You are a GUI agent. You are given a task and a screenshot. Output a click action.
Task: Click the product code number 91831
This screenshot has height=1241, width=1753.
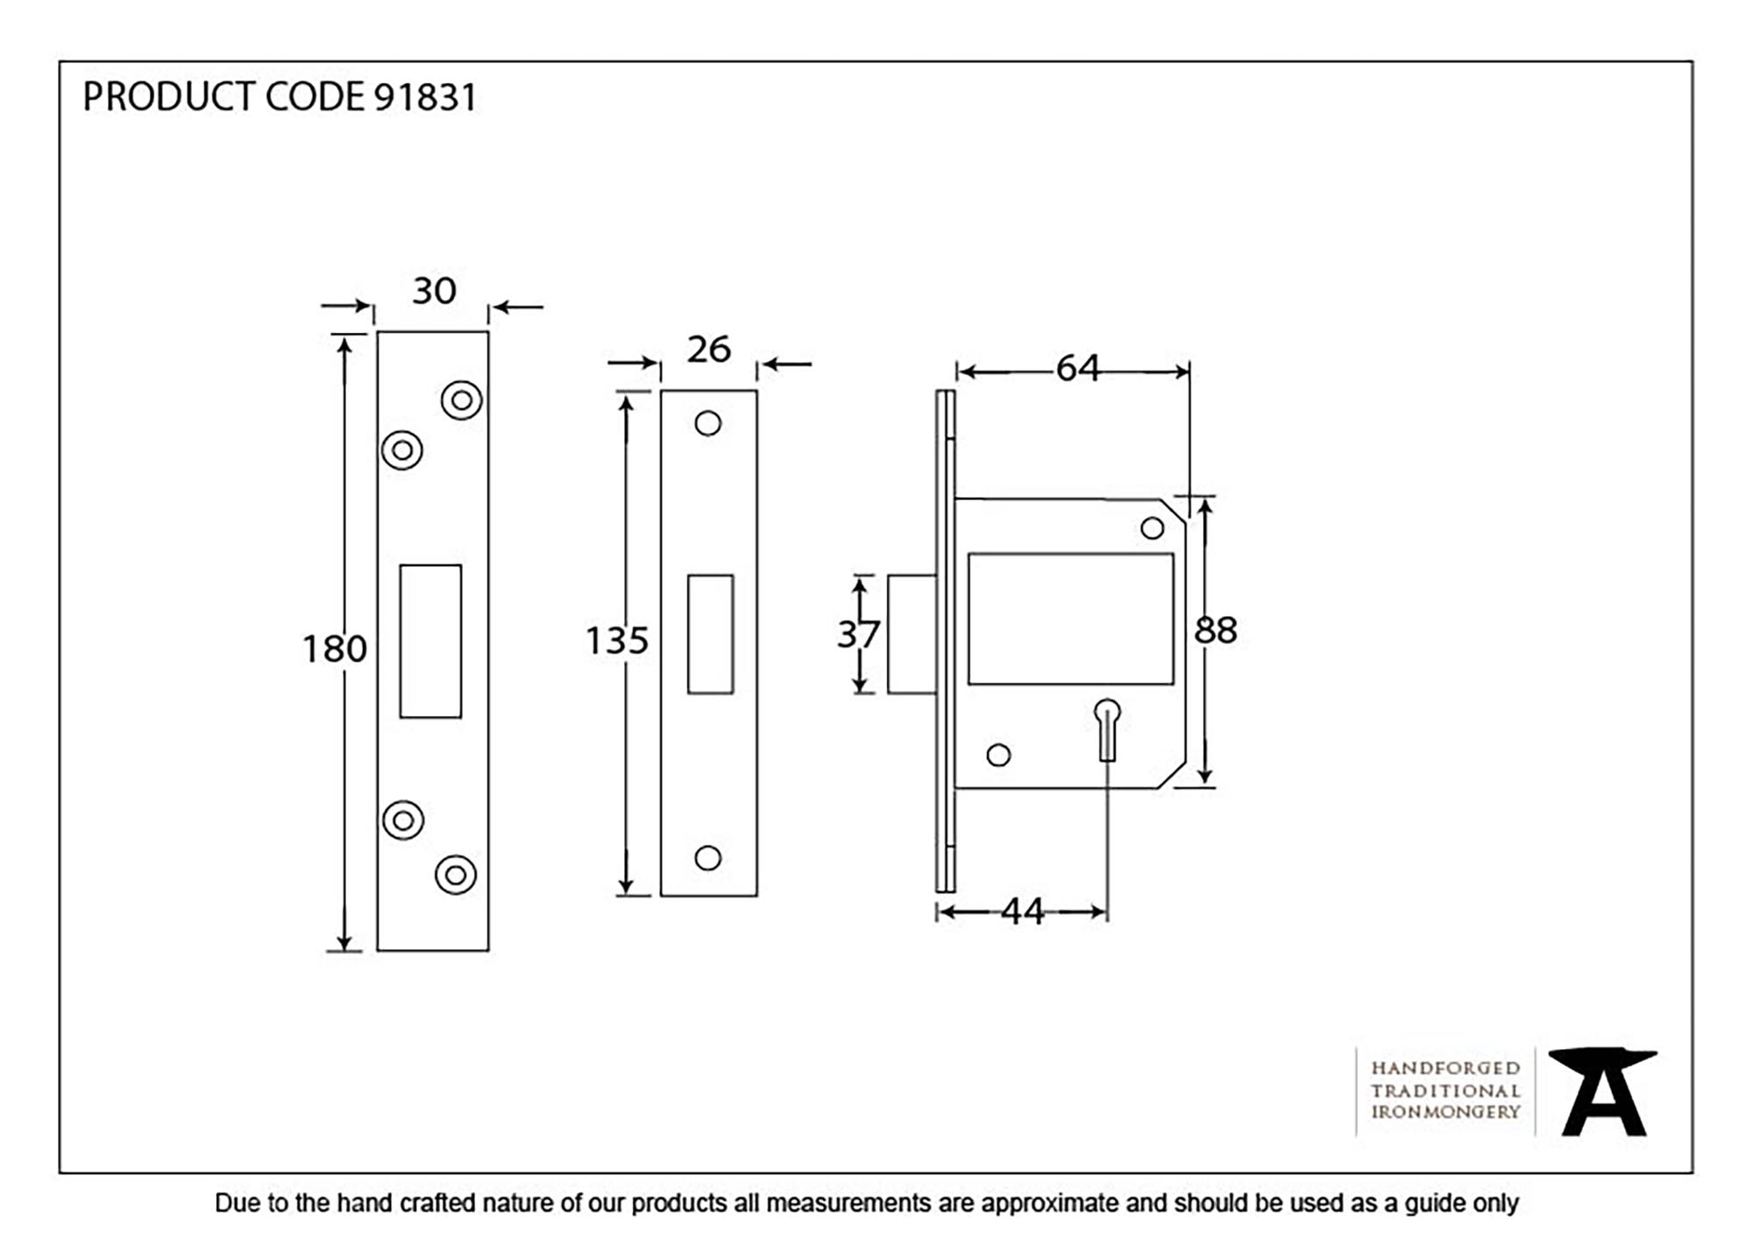point(425,97)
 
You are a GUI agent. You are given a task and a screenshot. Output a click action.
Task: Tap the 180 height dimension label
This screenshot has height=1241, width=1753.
point(334,649)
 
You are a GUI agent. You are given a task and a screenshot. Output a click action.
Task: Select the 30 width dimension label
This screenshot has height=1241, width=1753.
point(434,291)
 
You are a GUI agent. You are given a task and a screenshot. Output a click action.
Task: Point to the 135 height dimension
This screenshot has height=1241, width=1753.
point(616,641)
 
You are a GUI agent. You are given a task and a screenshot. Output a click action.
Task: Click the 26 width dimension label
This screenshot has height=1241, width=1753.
point(708,350)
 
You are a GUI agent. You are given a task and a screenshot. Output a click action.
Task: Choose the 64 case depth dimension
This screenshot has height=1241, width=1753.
point(1077,368)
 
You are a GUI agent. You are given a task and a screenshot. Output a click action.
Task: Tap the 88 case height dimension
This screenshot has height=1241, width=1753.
point(1216,630)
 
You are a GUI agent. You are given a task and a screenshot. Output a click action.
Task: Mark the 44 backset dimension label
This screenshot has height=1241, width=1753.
point(1022,912)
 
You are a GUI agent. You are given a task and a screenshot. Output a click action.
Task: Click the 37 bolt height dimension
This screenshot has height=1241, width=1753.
point(857,635)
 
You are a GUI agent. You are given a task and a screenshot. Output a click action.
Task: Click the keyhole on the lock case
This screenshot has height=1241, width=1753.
point(1107,727)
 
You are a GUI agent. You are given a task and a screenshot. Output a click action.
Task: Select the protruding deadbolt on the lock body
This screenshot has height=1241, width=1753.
point(912,635)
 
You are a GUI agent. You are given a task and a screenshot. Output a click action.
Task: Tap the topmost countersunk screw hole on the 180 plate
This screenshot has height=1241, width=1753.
point(461,401)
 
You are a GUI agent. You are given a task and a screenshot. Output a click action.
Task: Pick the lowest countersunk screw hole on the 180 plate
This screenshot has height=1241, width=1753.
point(456,875)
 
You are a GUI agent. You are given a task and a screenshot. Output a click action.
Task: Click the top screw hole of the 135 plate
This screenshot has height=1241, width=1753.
point(707,424)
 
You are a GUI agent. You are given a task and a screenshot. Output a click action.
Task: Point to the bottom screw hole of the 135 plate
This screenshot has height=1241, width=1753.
point(707,858)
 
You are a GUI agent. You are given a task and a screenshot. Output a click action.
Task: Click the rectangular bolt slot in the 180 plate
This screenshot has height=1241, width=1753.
point(430,642)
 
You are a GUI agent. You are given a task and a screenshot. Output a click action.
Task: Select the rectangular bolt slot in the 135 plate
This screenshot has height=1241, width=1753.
point(710,635)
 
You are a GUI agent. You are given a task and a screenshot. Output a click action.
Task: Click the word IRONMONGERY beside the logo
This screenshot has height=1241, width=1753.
point(1445,1112)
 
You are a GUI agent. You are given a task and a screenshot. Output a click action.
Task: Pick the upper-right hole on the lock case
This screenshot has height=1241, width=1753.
point(1152,528)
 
